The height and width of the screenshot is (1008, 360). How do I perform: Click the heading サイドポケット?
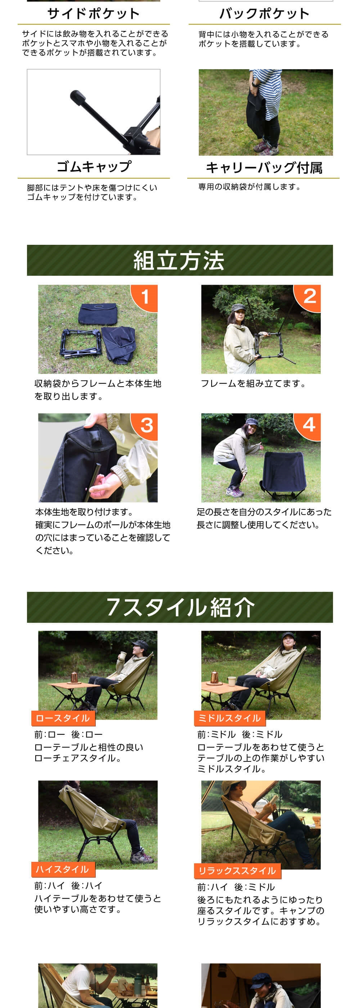click(x=94, y=14)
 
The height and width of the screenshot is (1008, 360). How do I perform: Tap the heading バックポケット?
click(x=265, y=14)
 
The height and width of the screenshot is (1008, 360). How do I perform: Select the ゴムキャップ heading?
click(x=94, y=167)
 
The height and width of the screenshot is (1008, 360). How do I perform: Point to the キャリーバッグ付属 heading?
click(x=264, y=167)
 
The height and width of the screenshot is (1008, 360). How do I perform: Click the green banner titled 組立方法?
click(x=180, y=260)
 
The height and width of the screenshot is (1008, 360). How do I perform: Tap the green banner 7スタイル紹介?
click(x=180, y=607)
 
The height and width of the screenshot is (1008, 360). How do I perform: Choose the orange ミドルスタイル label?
click(x=230, y=718)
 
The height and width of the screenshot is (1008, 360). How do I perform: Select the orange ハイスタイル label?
click(x=63, y=869)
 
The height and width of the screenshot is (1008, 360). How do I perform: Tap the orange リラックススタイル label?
click(x=238, y=870)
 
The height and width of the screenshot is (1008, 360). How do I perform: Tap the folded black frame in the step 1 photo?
click(x=81, y=342)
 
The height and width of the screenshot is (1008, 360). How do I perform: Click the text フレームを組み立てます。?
click(x=254, y=383)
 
